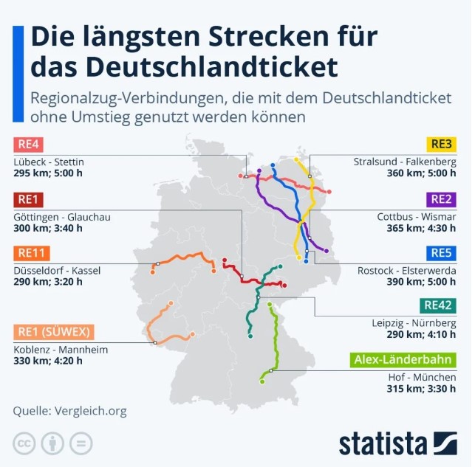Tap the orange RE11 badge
pos(33,253)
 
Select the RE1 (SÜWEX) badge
pos(50,331)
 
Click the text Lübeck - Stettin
pos(49,162)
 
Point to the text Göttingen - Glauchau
pos(62,216)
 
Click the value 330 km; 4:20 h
pos(48,361)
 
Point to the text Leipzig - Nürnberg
pos(414,322)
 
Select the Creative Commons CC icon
pos(24,443)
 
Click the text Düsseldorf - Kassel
pos(57,271)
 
